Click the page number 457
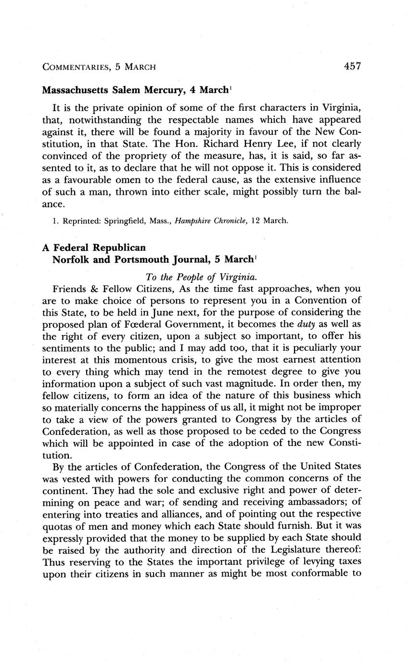point(352,66)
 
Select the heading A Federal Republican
point(93,247)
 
